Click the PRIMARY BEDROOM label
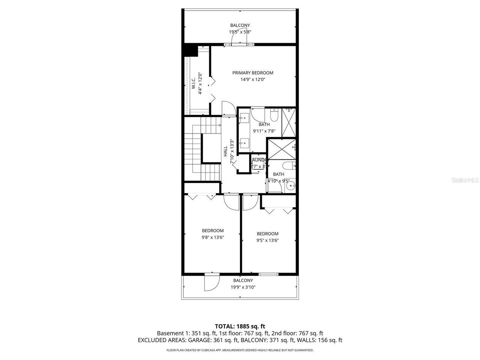tap(252, 73)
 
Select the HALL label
tap(226, 151)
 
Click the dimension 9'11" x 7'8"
tap(264, 131)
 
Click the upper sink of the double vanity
tap(244, 117)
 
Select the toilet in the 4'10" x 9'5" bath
tap(289, 165)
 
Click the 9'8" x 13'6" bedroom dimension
tap(213, 237)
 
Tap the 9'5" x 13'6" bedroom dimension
tap(267, 240)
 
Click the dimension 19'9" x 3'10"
tap(243, 287)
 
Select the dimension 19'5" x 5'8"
tap(240, 32)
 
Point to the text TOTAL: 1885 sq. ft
tap(240, 326)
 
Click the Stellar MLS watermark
tap(465, 180)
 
